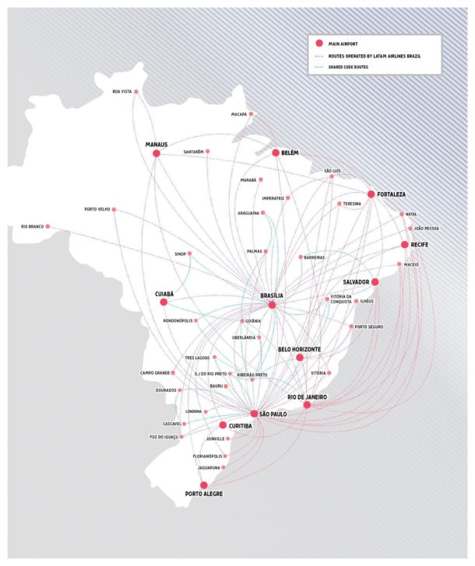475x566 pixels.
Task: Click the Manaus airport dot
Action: tap(157, 154)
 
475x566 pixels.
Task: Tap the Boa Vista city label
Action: tap(121, 93)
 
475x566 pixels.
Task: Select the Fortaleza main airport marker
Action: tap(371, 194)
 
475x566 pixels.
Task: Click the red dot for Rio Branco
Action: tap(48, 226)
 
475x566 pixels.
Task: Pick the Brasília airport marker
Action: tap(272, 305)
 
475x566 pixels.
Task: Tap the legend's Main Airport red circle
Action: tap(319, 44)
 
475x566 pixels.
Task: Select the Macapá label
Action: tap(239, 114)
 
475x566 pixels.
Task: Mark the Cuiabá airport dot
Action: tap(164, 302)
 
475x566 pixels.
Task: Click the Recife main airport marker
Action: tap(404, 245)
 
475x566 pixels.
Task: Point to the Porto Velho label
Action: tap(100, 209)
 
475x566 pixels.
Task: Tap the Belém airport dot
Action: tap(275, 153)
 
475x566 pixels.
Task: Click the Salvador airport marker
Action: tap(375, 281)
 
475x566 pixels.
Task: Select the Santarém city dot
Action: tap(208, 151)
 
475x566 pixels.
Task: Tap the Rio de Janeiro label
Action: tap(307, 397)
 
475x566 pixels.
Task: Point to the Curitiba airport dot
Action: tap(223, 425)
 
